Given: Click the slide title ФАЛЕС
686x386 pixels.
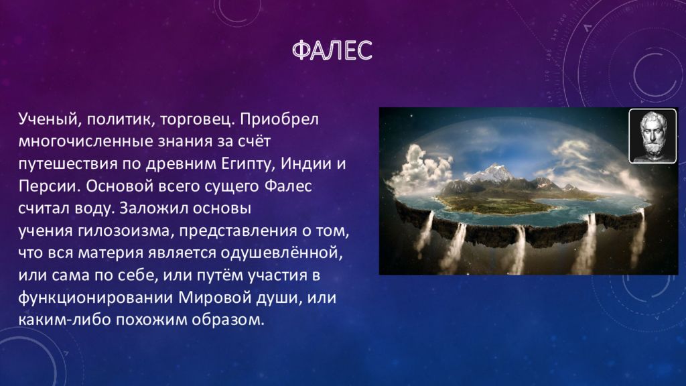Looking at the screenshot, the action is coord(332,50).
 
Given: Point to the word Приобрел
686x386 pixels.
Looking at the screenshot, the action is coord(279,119).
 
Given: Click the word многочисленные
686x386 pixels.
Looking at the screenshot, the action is coord(87,142).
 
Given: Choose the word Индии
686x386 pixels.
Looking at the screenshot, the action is coord(305,164).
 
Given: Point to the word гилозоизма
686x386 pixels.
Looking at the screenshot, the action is coord(127,231).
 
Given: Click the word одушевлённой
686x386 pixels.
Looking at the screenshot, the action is coord(281,253).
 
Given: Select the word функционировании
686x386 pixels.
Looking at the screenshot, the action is coord(95,298).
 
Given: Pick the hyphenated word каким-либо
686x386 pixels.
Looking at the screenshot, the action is coord(65,320).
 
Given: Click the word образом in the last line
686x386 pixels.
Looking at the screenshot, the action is coord(234,320).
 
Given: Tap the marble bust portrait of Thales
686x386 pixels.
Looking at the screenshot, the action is coord(653,135).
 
